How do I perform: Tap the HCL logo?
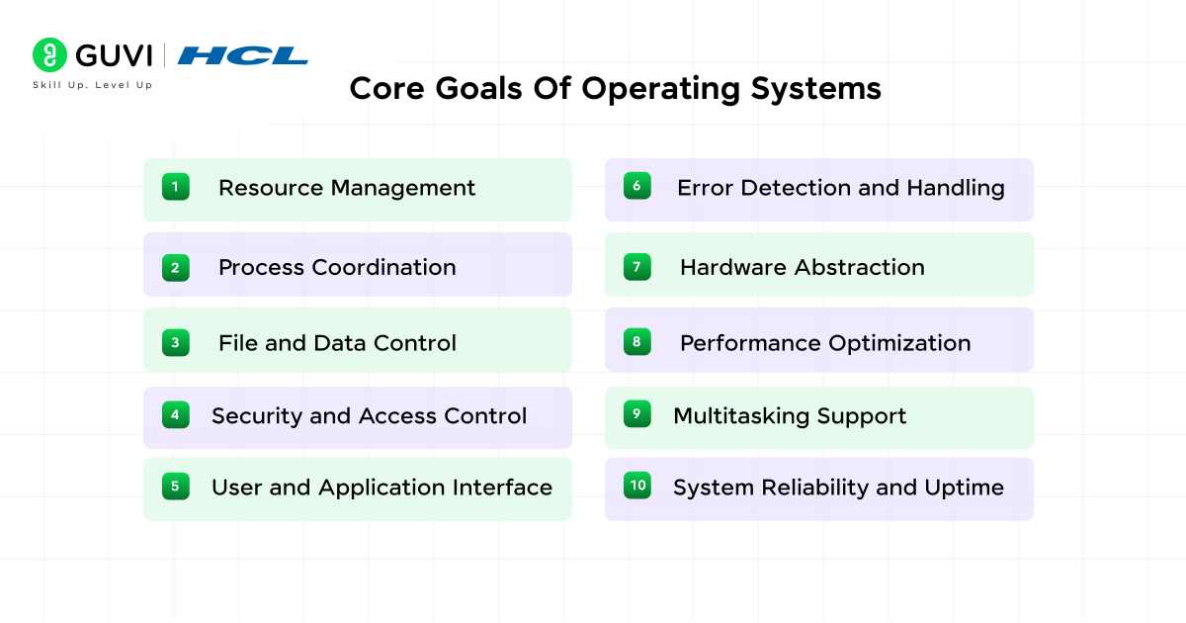pyautogui.click(x=243, y=55)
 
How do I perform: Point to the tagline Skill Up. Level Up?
pyautogui.click(x=93, y=85)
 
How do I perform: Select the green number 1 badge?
pyautogui.click(x=176, y=187)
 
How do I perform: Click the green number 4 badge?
pyautogui.click(x=176, y=415)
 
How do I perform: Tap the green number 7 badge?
pyautogui.click(x=637, y=266)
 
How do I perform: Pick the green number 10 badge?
pyautogui.click(x=637, y=486)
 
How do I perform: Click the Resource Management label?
pyautogui.click(x=347, y=188)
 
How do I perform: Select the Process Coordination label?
pyautogui.click(x=337, y=267)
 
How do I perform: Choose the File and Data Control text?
pyautogui.click(x=337, y=343)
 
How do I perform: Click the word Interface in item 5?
pyautogui.click(x=502, y=488)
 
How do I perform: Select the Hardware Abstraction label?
pyautogui.click(x=803, y=267)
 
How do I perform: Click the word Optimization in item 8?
pyautogui.click(x=900, y=343)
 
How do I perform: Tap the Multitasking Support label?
pyautogui.click(x=790, y=416)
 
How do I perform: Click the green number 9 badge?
pyautogui.click(x=637, y=414)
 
